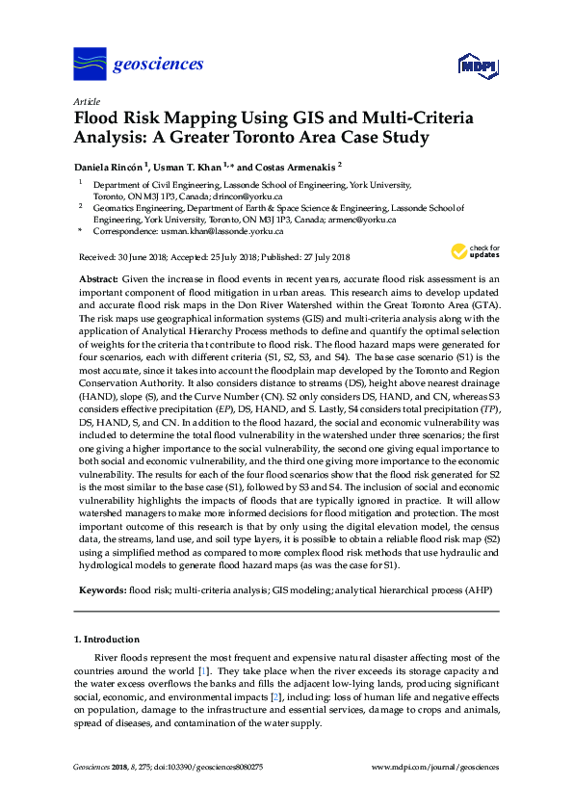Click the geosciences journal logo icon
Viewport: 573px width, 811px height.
click(x=90, y=64)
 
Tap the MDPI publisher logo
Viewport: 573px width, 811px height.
click(x=478, y=65)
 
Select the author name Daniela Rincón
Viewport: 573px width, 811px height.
click(x=112, y=166)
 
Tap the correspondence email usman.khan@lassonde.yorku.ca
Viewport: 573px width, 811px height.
click(x=221, y=231)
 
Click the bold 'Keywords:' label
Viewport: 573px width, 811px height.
click(x=101, y=587)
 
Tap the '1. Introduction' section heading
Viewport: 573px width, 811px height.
click(x=107, y=639)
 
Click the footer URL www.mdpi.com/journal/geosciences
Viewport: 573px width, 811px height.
click(x=435, y=767)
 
